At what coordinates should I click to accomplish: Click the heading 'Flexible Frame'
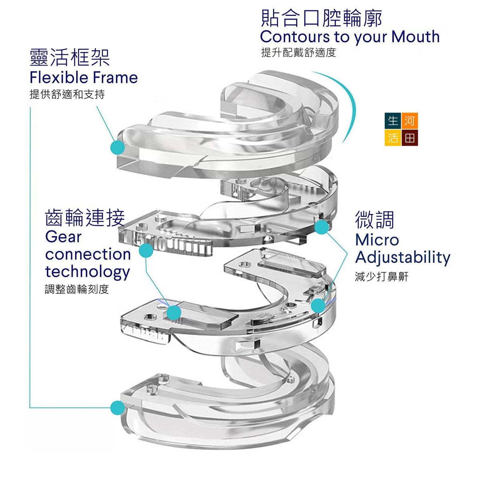click(x=84, y=77)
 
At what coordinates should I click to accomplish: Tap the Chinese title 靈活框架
click(x=70, y=57)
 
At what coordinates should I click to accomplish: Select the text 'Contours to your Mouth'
click(x=350, y=37)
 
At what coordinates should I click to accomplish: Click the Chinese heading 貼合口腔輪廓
click(x=321, y=18)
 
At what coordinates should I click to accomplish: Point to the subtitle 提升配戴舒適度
click(x=299, y=52)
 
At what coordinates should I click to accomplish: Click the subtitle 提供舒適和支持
click(x=67, y=94)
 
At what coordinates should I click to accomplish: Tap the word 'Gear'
click(x=63, y=237)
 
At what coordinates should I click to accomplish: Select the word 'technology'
click(x=88, y=272)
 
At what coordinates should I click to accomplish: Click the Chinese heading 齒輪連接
click(x=85, y=218)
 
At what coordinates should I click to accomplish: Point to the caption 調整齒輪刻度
click(x=77, y=289)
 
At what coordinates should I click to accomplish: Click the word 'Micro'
click(x=377, y=240)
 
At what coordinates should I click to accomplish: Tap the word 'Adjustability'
click(x=403, y=257)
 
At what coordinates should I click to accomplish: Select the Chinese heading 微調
click(x=374, y=220)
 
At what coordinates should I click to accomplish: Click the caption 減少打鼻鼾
click(x=382, y=277)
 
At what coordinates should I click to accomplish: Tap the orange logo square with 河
click(x=410, y=121)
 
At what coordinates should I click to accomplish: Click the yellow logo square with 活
click(x=393, y=138)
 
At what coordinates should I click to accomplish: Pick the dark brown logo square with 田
click(x=410, y=138)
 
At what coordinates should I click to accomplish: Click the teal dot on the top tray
click(x=117, y=147)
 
